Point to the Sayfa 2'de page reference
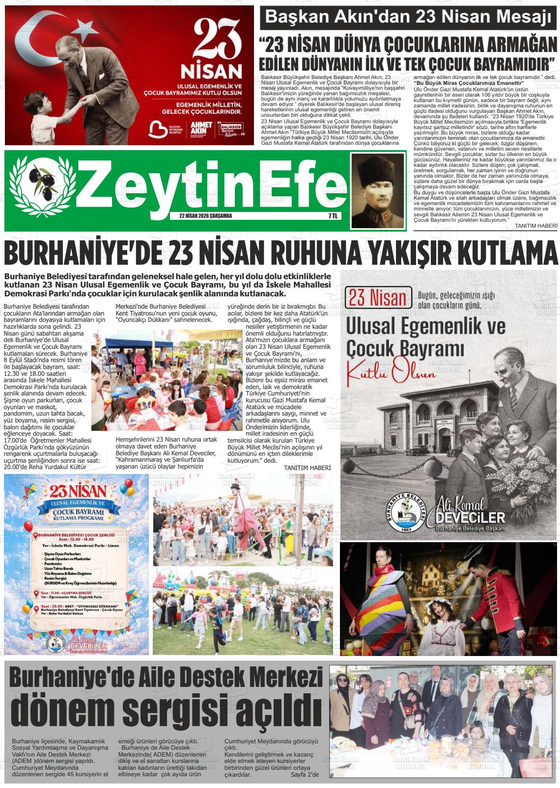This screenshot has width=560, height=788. (305, 775)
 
